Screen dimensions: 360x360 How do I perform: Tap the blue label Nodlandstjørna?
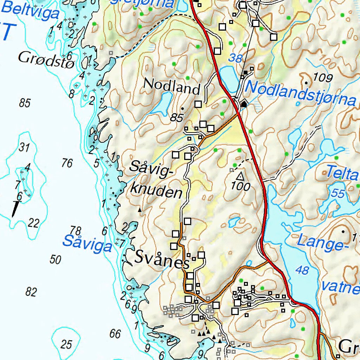[x=301, y=93]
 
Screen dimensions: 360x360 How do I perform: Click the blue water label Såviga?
[x=87, y=244]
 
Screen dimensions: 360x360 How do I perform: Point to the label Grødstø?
[x=46, y=58]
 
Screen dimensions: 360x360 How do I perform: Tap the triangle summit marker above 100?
[x=240, y=175]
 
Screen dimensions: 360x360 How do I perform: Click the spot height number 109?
[x=322, y=78]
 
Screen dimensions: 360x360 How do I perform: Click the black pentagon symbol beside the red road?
[x=244, y=103]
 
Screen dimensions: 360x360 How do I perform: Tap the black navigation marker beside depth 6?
[x=15, y=210]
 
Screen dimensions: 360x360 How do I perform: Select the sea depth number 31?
[x=24, y=148]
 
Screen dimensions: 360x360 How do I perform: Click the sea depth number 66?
[x=115, y=334]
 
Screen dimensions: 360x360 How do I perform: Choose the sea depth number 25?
[x=66, y=344]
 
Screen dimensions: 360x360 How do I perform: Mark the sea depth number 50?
[x=55, y=260]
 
